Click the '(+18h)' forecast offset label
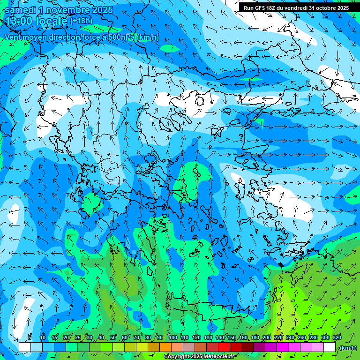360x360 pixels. (x=81, y=21)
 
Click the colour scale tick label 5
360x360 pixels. (x=30, y=337)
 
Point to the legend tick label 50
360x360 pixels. (x=113, y=337)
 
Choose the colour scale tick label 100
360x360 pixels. (x=172, y=337)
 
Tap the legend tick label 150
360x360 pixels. (x=232, y=337)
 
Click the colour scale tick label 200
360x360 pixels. (x=267, y=337)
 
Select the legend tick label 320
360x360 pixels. (x=337, y=337)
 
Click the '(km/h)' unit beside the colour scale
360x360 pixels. (x=348, y=348)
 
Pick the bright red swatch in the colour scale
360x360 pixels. (x=224, y=347)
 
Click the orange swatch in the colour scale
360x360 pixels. (x=165, y=347)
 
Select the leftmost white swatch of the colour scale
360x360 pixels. (x=24, y=347)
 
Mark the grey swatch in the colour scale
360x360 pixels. (x=189, y=347)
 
